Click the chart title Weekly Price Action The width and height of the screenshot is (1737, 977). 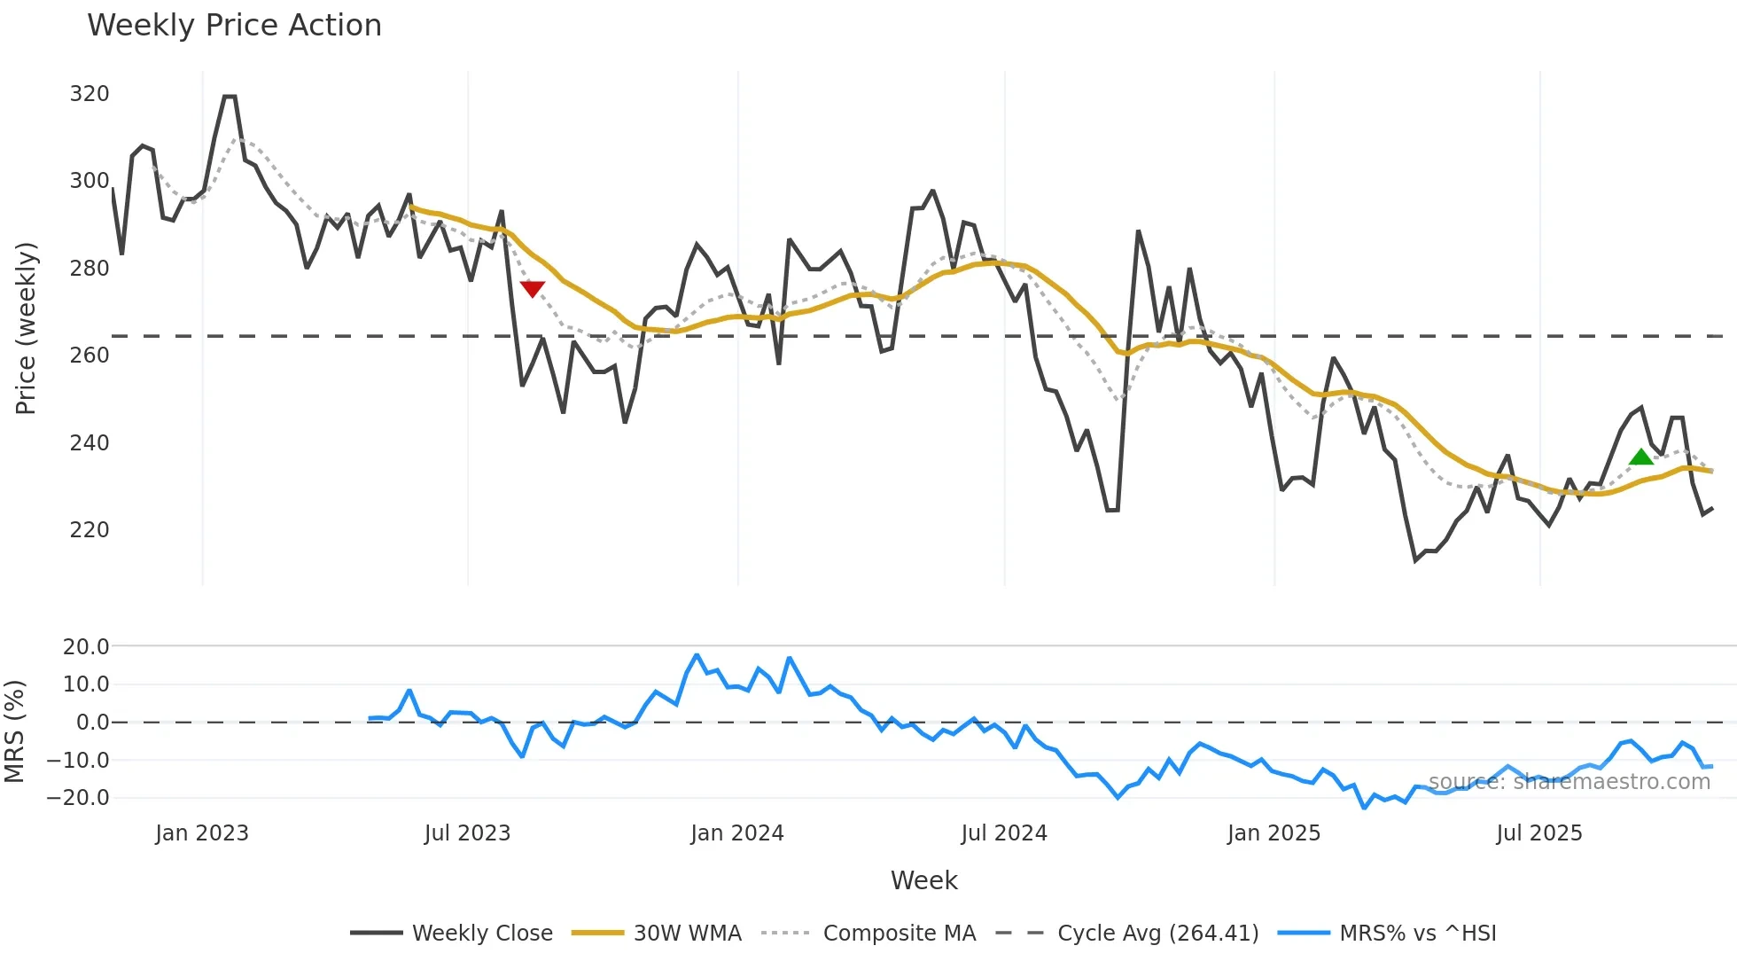(234, 26)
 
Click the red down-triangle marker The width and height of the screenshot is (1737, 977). (533, 289)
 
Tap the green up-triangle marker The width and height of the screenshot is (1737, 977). (1641, 457)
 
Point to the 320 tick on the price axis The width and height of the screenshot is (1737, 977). (90, 94)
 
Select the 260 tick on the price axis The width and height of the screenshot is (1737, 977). (90, 356)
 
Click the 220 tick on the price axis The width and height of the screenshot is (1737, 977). (90, 530)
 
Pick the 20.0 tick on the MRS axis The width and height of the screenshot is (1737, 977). (86, 647)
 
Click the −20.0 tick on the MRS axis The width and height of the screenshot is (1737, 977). (78, 798)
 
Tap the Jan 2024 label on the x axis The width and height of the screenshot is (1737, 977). (737, 833)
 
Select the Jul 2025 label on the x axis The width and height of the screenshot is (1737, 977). (1539, 833)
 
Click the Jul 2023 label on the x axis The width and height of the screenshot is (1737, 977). (467, 833)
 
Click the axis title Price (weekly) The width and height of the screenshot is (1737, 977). (27, 328)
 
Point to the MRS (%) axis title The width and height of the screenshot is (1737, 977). (15, 731)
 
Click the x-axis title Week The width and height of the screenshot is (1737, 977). (923, 880)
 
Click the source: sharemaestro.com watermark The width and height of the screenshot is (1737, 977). (1569, 782)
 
